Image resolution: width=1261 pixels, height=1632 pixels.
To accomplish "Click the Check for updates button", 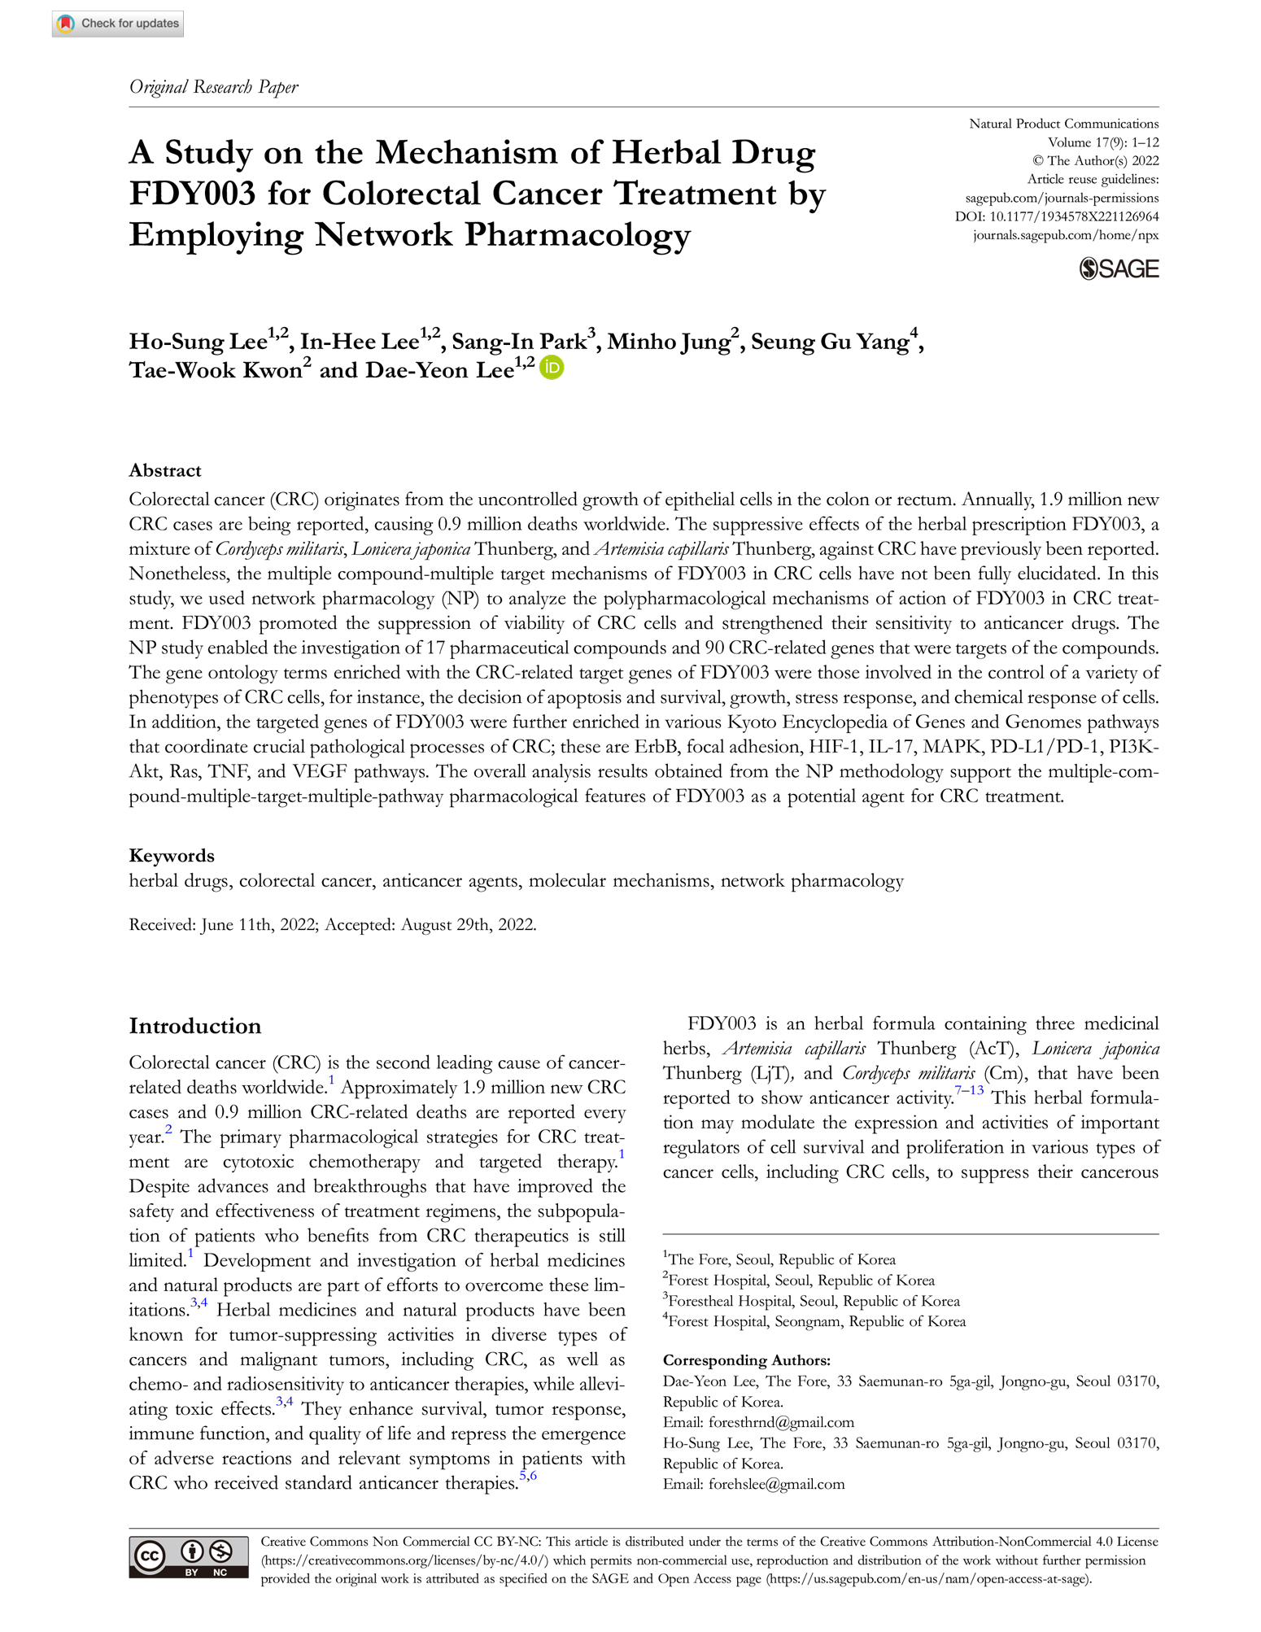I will [118, 24].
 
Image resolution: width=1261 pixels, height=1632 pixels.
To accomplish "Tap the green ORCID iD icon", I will [552, 369].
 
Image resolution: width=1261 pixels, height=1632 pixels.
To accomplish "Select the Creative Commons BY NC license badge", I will [189, 1558].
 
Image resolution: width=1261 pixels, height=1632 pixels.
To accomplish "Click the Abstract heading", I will [165, 470].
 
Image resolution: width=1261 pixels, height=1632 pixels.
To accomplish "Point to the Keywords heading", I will [172, 855].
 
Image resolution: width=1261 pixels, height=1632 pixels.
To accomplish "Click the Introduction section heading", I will [195, 1026].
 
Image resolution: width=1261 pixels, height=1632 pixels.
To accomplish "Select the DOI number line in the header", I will [1056, 216].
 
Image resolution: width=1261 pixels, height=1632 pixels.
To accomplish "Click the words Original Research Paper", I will [214, 87].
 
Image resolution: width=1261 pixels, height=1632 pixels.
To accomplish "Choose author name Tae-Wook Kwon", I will [216, 371].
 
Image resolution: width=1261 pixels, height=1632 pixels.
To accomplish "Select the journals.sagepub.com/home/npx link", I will [1066, 235].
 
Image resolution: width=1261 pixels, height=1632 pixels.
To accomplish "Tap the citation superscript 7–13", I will [969, 1091].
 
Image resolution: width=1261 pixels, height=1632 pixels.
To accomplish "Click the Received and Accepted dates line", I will [333, 924].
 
